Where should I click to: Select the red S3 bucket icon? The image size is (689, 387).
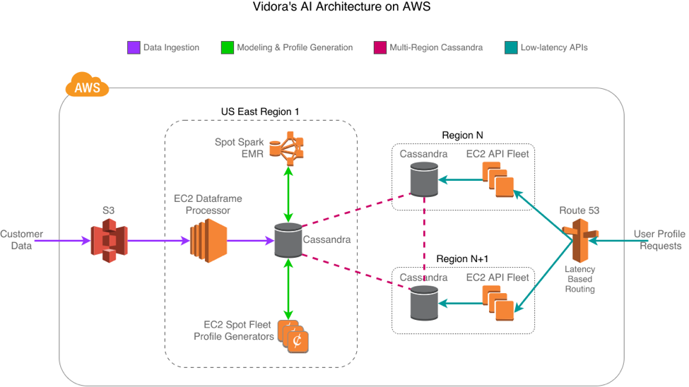coord(108,240)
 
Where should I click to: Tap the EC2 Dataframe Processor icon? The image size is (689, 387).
coord(207,240)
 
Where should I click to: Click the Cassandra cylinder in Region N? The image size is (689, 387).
coord(424,179)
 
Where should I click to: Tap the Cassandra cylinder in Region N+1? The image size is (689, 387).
coord(424,302)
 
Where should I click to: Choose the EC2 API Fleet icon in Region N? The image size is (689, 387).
coord(498,180)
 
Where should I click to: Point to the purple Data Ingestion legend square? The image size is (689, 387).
coord(133,47)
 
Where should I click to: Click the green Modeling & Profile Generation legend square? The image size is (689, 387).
coord(227,47)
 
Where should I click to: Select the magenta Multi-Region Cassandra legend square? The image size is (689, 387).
coord(378,47)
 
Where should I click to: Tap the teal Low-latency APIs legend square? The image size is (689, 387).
coord(511,47)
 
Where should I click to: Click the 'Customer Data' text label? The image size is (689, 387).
coord(21,240)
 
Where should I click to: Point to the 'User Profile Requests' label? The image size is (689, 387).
coord(657,240)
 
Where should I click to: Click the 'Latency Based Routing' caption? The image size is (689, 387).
coord(579,279)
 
